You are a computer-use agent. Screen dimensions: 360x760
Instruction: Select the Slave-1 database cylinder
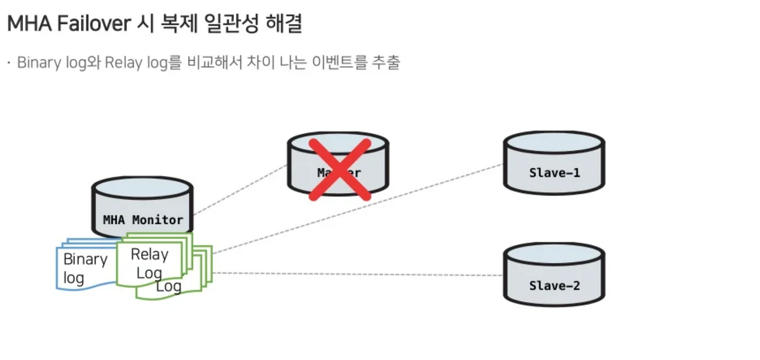point(553,163)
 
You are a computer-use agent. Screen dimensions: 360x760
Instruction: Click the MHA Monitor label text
point(143,220)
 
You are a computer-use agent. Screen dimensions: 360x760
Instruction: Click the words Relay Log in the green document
point(150,263)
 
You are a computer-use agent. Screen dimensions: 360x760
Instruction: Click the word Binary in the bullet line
point(36,62)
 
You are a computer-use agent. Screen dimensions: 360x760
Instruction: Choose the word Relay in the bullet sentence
point(122,62)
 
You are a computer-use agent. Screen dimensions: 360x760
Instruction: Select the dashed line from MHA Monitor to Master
point(240,190)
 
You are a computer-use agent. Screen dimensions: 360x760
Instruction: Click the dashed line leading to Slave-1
point(356,209)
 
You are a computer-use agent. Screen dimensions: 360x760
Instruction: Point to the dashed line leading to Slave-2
point(356,274)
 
